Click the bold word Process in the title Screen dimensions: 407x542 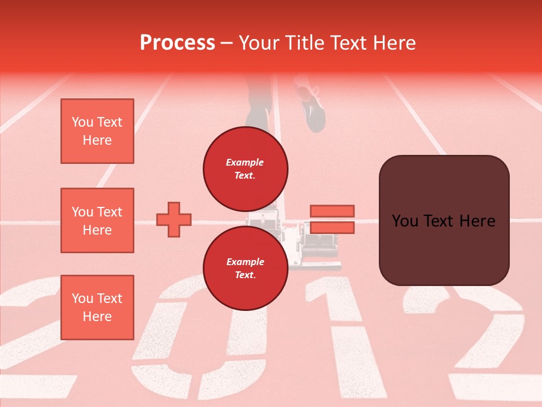coord(177,43)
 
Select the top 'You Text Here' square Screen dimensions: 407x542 coord(97,131)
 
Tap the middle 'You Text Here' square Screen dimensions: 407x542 coord(97,220)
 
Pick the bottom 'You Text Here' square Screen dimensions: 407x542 coord(97,308)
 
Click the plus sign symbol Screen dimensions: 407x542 coord(174,219)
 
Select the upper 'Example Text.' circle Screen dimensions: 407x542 coord(246,168)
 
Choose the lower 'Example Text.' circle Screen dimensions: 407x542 coord(246,268)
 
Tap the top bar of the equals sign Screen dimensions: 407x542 coord(332,211)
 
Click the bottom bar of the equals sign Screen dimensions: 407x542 coord(332,227)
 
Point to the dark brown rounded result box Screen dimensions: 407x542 coord(444,220)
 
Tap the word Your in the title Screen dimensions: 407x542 coord(259,43)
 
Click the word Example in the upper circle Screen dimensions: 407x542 coord(245,162)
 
